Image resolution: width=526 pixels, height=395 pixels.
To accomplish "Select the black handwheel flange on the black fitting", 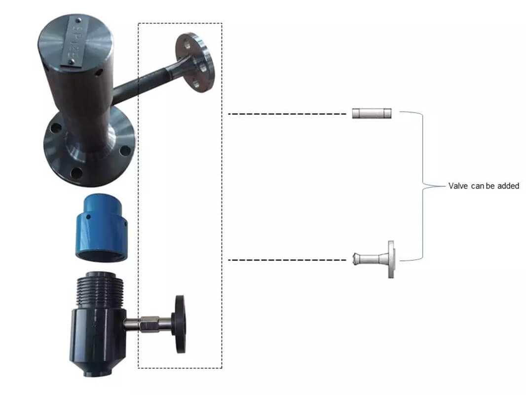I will [x=180, y=324].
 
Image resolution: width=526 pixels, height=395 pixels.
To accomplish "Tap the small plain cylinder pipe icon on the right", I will [x=372, y=114].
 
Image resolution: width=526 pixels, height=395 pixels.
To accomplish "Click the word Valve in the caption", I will [x=457, y=186].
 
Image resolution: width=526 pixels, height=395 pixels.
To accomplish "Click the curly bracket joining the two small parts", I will [x=422, y=186].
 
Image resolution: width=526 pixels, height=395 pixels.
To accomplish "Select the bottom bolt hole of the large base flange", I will [x=76, y=172].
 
